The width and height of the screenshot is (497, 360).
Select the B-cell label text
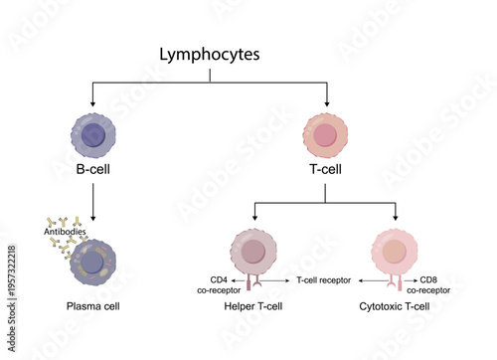(x=92, y=170)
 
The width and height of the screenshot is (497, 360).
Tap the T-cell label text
(x=327, y=170)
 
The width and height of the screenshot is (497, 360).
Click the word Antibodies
(x=66, y=232)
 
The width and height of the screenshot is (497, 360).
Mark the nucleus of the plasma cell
(x=93, y=262)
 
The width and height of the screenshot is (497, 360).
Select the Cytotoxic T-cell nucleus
(x=396, y=251)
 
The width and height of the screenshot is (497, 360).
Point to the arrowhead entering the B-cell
(x=92, y=102)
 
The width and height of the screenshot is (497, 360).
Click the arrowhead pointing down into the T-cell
(x=327, y=102)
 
